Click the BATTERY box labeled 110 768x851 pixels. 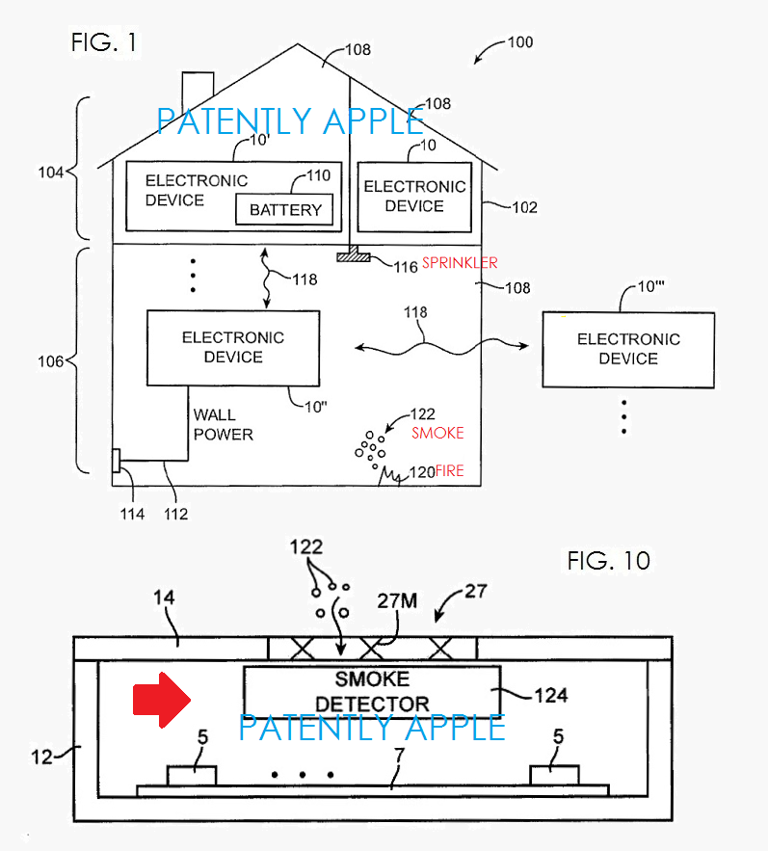284,209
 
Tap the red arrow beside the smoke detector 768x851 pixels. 160,699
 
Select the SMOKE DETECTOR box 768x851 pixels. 371,691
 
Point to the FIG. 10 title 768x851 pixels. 608,560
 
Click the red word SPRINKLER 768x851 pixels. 460,263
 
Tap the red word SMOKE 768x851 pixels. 437,434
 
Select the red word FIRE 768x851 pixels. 450,471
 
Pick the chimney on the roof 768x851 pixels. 198,87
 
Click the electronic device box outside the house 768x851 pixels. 627,349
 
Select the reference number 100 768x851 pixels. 519,42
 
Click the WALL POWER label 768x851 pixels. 223,425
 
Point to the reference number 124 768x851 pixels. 550,695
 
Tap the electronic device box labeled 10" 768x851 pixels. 233,347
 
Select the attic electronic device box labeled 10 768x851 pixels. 413,197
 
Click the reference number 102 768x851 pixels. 524,207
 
